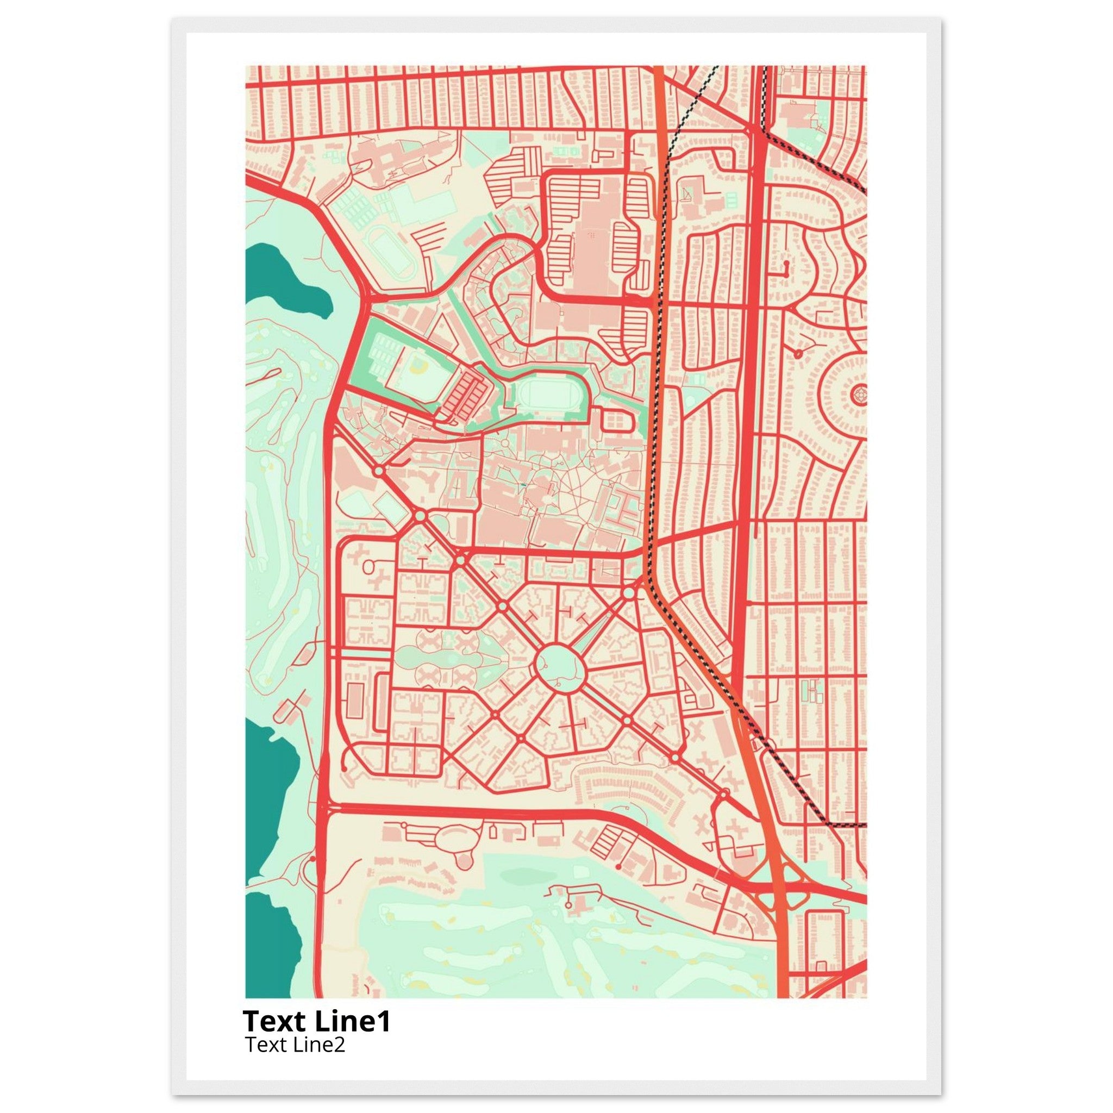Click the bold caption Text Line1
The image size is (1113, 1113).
(316, 1021)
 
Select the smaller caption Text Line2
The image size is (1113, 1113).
(295, 1044)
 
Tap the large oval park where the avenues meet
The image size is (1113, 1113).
(560, 666)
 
